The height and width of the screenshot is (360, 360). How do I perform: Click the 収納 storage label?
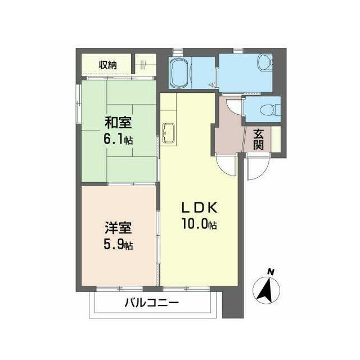click(107, 65)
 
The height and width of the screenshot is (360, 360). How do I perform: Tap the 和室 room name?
click(118, 123)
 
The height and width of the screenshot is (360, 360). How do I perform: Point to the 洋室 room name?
click(118, 227)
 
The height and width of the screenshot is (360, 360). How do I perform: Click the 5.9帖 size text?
click(118, 244)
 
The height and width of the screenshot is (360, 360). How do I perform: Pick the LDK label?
click(199, 208)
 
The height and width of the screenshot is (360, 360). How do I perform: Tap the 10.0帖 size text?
click(199, 224)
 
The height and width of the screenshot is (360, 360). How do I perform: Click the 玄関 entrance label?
click(258, 139)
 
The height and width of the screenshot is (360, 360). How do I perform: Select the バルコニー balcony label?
click(151, 303)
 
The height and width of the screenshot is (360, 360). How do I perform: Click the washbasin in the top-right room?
click(264, 62)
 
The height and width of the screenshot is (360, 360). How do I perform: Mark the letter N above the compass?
click(271, 272)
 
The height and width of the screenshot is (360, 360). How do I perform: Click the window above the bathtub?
click(178, 51)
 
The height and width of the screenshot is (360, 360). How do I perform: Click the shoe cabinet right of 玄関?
click(276, 139)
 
